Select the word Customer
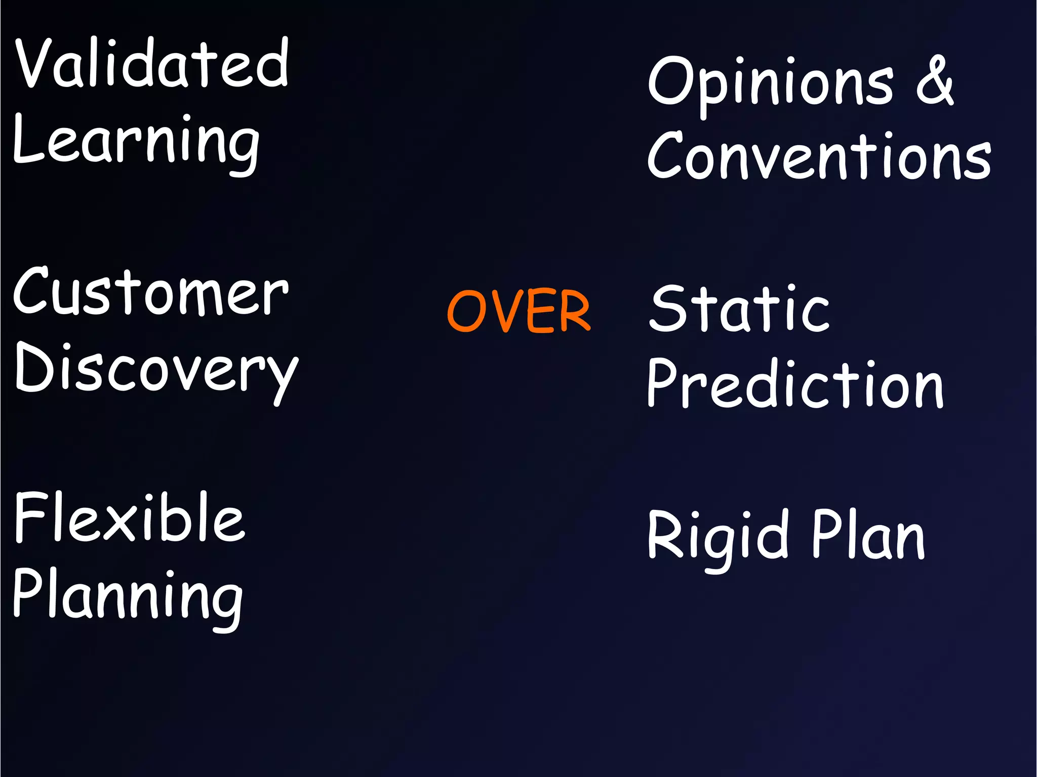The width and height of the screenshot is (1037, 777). (151, 292)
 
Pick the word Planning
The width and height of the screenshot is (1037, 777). (128, 597)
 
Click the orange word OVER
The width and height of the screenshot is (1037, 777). (518, 311)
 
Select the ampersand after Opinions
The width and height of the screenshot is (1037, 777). (935, 81)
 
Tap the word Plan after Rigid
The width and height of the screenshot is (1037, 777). (868, 535)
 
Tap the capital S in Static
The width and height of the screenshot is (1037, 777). (667, 309)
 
